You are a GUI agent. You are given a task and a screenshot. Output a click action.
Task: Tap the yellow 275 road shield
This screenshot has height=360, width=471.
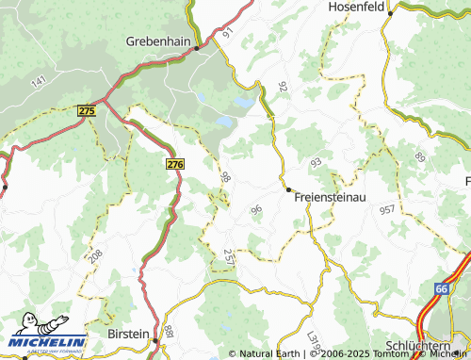pos(87,110)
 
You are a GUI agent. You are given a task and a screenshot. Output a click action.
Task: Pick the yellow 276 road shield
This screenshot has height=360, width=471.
pos(174,164)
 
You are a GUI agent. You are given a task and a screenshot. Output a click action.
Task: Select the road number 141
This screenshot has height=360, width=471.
pos(39,82)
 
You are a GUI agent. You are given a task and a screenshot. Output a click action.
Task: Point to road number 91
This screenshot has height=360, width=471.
pos(227,32)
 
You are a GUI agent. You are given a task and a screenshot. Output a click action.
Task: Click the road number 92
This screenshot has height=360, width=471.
pos(282,87)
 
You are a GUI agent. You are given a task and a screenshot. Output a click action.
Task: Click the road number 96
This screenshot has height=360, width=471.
pos(256,209)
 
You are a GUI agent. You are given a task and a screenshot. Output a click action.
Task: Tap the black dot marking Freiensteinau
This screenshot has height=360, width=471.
pos(289,188)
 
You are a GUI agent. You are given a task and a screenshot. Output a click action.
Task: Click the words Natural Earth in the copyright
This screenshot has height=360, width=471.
pos(272,354)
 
